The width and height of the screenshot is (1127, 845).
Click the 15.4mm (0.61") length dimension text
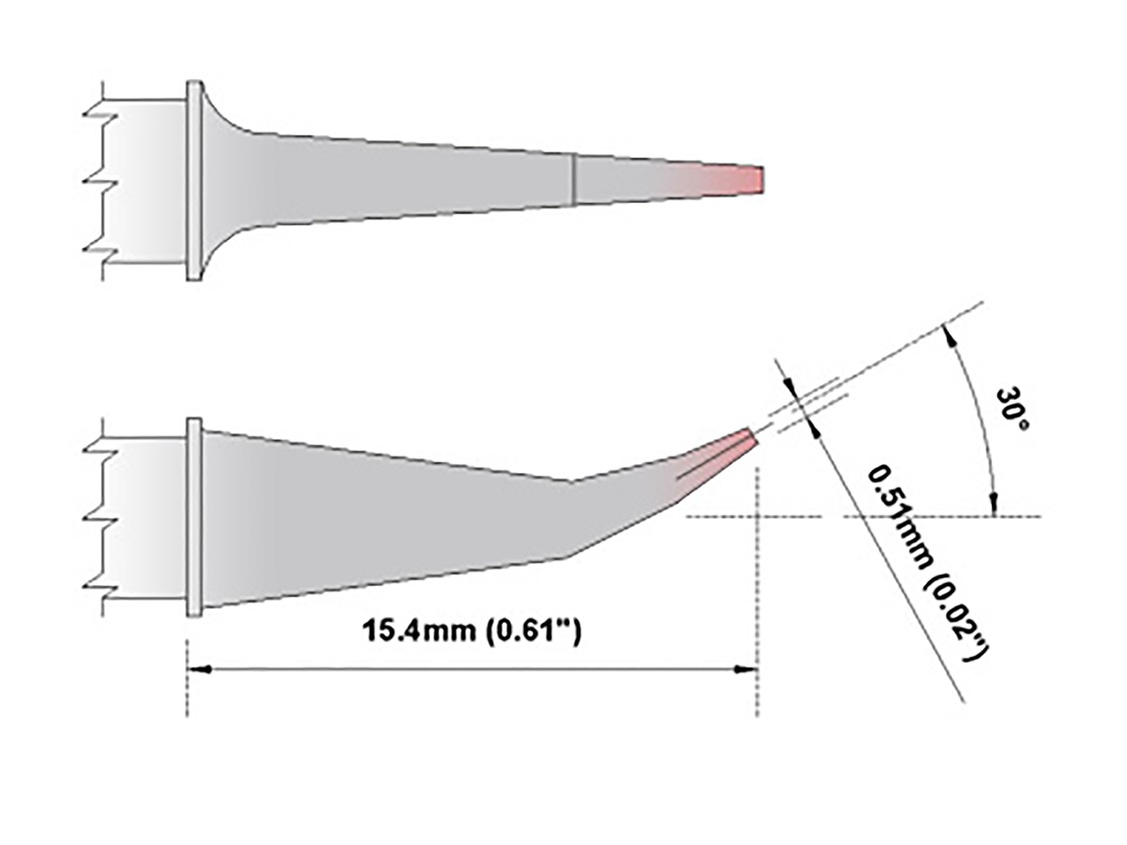475,630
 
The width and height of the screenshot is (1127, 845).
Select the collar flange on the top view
194,179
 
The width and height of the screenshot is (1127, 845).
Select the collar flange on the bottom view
194,516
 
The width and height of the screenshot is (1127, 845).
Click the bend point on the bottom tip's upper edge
570,482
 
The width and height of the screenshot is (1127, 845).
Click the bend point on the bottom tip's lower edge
563,558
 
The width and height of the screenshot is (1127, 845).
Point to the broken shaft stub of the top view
141,179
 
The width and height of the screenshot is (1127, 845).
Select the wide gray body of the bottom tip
376,516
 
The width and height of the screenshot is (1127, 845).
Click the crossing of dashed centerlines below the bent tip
757,516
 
